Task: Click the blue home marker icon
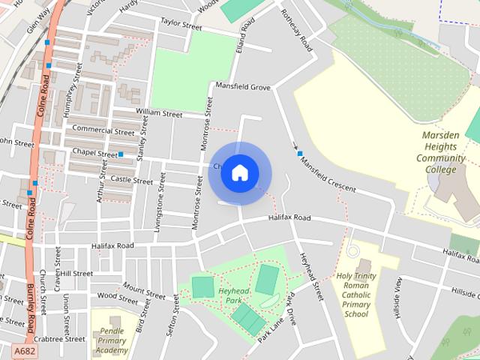click(239, 172)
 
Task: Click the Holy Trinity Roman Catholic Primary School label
click(356, 295)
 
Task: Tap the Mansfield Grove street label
click(242, 88)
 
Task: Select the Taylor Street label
click(181, 25)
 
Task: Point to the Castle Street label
click(131, 180)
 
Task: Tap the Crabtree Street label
click(59, 339)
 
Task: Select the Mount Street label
click(143, 289)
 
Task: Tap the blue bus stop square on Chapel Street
click(120, 154)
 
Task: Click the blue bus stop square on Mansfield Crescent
click(300, 154)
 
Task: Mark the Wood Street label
click(118, 296)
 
